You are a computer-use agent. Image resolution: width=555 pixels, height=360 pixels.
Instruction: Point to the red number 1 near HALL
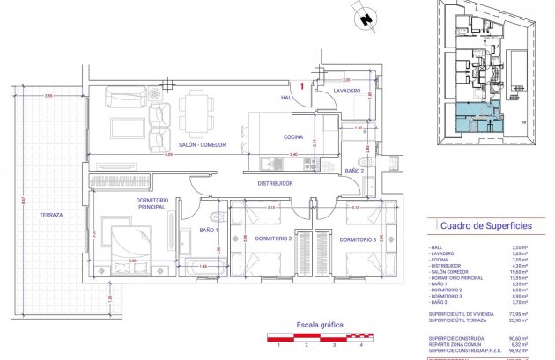(x=302, y=86)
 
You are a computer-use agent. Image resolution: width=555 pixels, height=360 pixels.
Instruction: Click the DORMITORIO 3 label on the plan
(x=359, y=239)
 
